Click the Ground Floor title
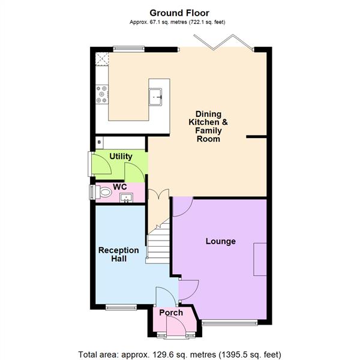tap(179, 13)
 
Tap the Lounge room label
tap(220, 241)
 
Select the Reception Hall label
tap(118, 254)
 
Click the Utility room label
tap(121, 157)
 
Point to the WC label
tap(121, 187)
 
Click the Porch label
tap(170, 313)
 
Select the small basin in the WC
tap(126, 197)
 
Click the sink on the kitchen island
tap(157, 95)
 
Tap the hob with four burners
tap(101, 93)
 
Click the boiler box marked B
tap(100, 143)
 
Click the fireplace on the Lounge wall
tap(260, 259)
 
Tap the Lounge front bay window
tap(232, 323)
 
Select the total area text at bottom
tap(179, 353)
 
